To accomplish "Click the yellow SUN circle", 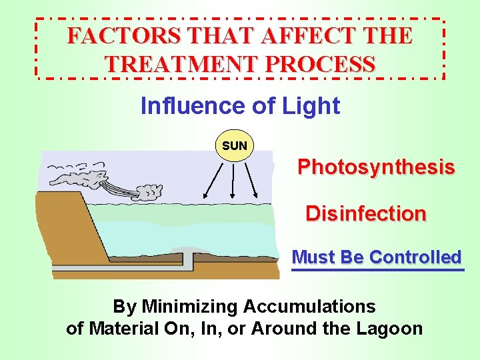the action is point(235,145).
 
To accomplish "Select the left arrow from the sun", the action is point(213,179).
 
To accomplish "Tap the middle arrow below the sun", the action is point(233,181).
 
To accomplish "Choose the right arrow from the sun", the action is point(251,179).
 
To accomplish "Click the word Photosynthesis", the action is point(376,167).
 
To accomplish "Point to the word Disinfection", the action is point(365,214).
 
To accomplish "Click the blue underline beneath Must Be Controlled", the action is point(377,270).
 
